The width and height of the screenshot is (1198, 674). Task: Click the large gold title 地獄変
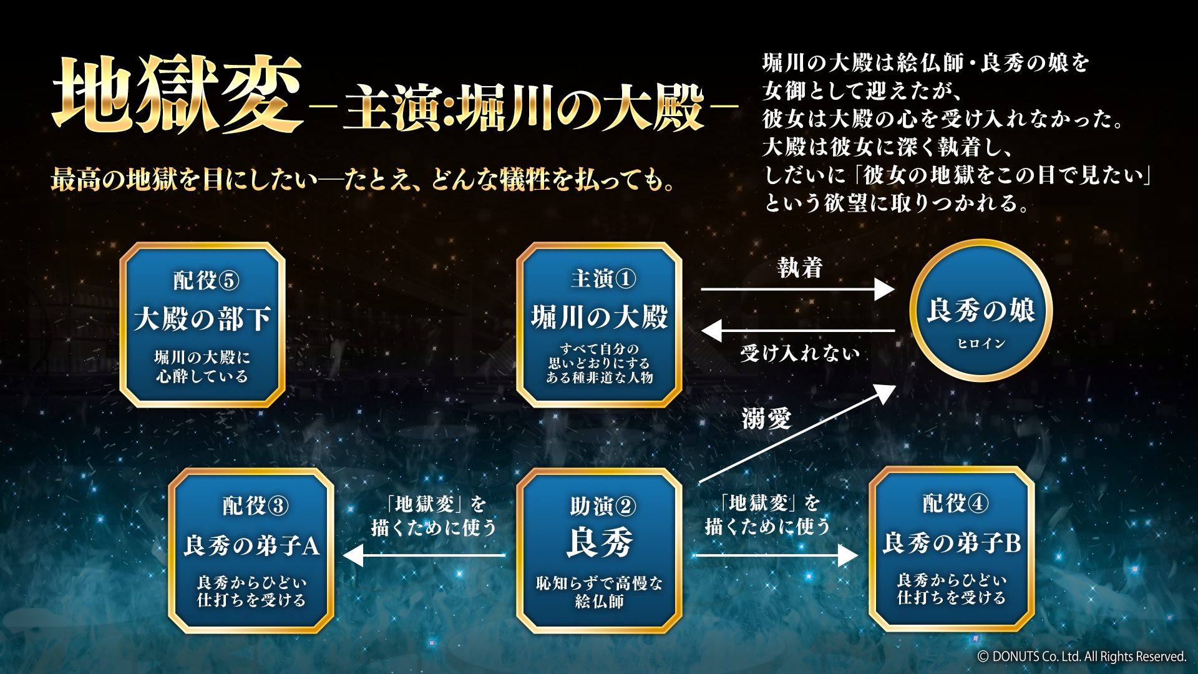[178, 95]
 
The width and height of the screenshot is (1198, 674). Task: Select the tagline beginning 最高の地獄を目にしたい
[364, 180]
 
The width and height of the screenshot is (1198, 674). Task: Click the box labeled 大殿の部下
[202, 325]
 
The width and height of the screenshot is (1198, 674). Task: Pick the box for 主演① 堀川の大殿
[599, 325]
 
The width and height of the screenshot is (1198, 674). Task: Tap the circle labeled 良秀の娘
[981, 310]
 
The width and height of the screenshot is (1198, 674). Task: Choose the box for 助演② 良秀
[599, 551]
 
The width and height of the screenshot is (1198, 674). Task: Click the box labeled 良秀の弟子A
[251, 551]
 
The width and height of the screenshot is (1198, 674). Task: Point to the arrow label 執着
[800, 268]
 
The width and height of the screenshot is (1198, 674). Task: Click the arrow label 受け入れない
[800, 353]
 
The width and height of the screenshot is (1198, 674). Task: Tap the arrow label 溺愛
[766, 418]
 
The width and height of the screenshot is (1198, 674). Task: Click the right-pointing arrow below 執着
[798, 290]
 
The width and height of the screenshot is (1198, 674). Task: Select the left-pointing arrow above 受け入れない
[798, 330]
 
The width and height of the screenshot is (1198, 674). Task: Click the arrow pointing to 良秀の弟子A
[424, 555]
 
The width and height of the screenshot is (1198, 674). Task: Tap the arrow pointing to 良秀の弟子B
[776, 555]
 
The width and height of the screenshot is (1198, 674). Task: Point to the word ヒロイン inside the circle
[981, 344]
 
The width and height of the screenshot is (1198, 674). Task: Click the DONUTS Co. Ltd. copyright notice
[1081, 657]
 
